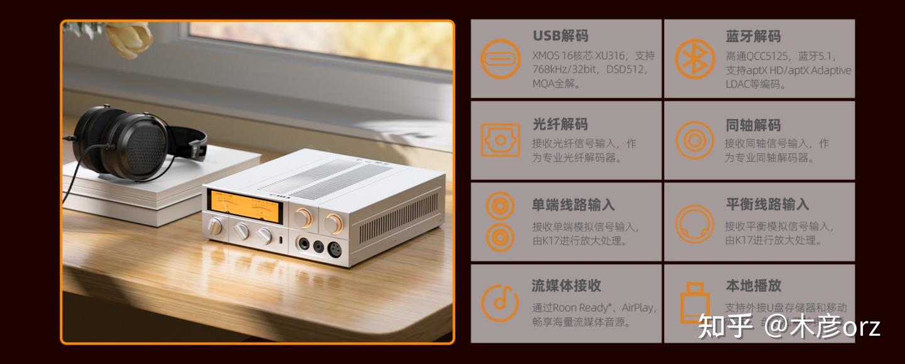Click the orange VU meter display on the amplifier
pyautogui.click(x=245, y=204)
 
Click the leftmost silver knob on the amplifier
pyautogui.click(x=216, y=226)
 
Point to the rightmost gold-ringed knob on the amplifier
pyautogui.click(x=334, y=223)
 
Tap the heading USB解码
pyautogui.click(x=560, y=36)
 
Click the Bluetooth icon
pyautogui.click(x=694, y=59)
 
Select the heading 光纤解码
pyautogui.click(x=560, y=124)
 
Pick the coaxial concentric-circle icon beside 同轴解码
pyautogui.click(x=694, y=140)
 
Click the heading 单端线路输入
pyautogui.click(x=573, y=205)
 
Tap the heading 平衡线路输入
pyautogui.click(x=767, y=205)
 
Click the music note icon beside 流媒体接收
pyautogui.click(x=500, y=303)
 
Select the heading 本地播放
pyautogui.click(x=753, y=286)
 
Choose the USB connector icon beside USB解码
pyautogui.click(x=500, y=59)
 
